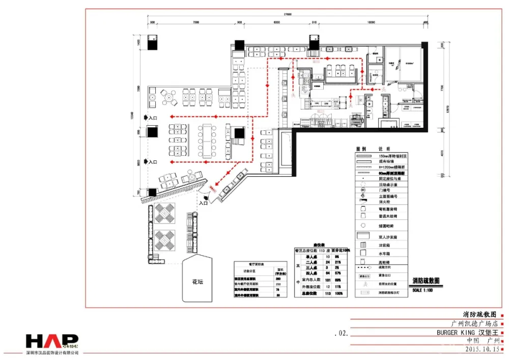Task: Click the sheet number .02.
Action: pyautogui.click(x=341, y=334)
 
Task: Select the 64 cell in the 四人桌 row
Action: pyautogui.click(x=327, y=273)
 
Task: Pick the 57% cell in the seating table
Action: pyautogui.click(x=337, y=273)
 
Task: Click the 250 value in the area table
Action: pyautogui.click(x=278, y=284)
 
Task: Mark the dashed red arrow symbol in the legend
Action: pyautogui.click(x=364, y=267)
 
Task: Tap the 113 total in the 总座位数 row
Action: pyautogui.click(x=327, y=293)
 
